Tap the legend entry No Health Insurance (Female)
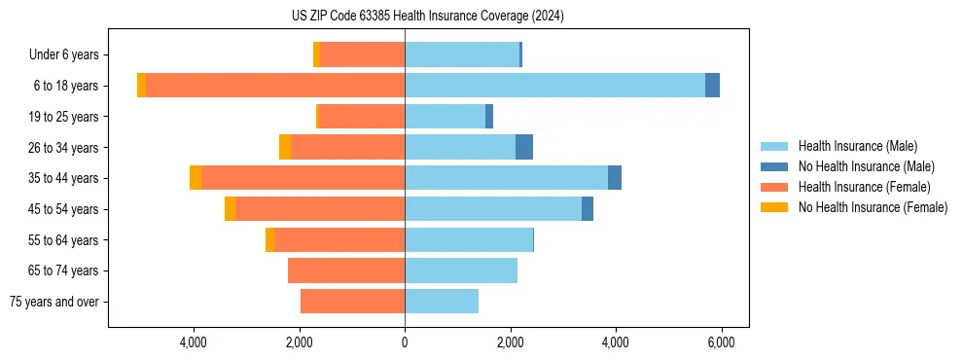pos(873,207)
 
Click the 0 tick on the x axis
pos(405,342)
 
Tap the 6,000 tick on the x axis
pos(721,342)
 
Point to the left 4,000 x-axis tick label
pos(194,342)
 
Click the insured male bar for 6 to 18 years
pos(554,86)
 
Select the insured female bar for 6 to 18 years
pos(275,86)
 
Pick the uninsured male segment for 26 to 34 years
pos(524,147)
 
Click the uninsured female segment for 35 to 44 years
pos(196,178)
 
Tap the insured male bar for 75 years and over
pos(442,302)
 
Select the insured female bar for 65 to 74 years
pos(346,270)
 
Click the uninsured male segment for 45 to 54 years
pos(588,209)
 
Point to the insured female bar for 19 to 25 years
pos(362,117)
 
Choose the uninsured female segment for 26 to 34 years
pos(285,147)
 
